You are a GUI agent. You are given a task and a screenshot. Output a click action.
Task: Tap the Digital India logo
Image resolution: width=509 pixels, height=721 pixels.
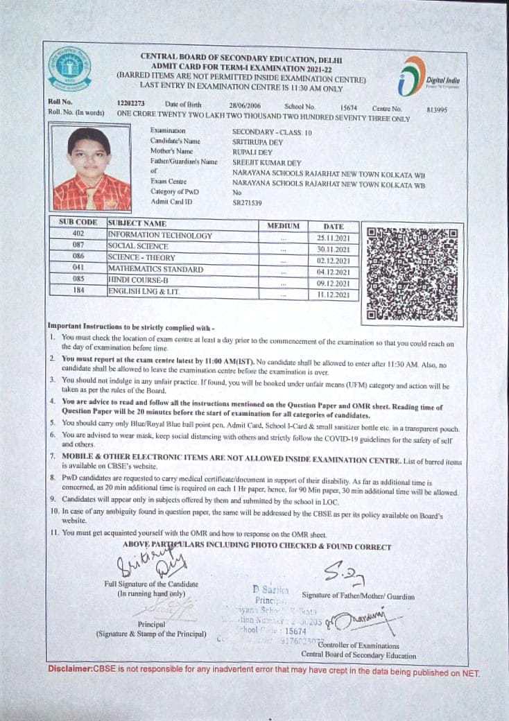(x=429, y=78)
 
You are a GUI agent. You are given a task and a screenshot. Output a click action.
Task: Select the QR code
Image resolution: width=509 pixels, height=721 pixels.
(x=413, y=274)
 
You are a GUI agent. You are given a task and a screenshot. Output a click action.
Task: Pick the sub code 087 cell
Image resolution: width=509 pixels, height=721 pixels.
(x=78, y=246)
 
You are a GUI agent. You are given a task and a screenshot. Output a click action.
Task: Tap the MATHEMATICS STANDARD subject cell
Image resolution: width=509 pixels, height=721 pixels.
(x=155, y=269)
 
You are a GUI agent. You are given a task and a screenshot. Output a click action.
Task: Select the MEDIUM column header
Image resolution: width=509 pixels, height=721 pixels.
(x=283, y=226)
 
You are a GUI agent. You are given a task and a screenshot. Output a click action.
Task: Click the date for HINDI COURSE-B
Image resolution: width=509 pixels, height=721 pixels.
(x=336, y=284)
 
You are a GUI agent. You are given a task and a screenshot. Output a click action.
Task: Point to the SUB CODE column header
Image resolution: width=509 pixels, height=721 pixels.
(x=78, y=223)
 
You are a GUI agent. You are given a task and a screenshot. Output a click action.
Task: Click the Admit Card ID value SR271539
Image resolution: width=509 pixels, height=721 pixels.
(x=247, y=202)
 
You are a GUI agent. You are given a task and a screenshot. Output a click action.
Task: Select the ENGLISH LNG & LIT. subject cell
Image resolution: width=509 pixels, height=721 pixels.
(x=144, y=292)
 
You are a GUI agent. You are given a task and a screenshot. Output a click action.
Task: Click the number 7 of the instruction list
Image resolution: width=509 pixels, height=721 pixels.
(x=53, y=455)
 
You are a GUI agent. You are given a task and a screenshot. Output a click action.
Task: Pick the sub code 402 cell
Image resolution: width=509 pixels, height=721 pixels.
(x=78, y=235)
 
